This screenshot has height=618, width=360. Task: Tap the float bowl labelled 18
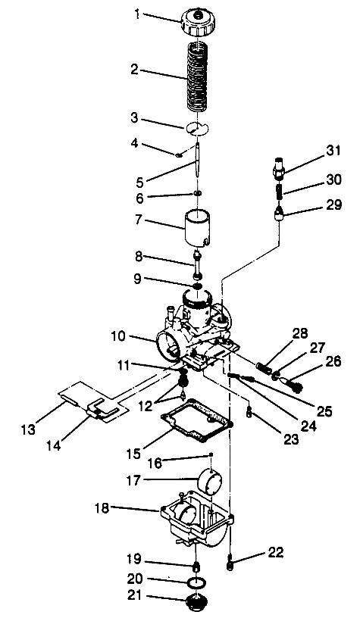pos(189,523)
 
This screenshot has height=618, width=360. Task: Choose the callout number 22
pos(253,553)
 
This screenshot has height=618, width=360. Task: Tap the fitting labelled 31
pos(280,164)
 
